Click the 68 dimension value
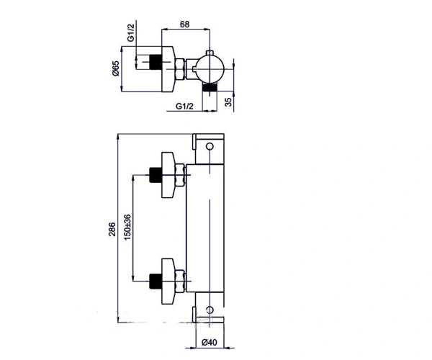tap(184, 24)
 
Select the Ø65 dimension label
tap(116, 68)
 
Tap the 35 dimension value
tap(228, 102)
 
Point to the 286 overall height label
tap(112, 229)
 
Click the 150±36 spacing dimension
tap(127, 227)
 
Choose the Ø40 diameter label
tap(209, 343)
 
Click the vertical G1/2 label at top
tap(131, 33)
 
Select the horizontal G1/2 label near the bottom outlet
tap(184, 106)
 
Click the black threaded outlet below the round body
tap(210, 87)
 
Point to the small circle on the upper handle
tap(210, 146)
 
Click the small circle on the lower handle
tap(210, 310)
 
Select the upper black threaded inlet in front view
tap(156, 175)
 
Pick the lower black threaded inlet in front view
tap(156, 282)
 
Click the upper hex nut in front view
tap(179, 175)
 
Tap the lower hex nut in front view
tap(179, 282)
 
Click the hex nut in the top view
tap(179, 69)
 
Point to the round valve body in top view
tap(210, 69)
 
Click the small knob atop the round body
tap(210, 53)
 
